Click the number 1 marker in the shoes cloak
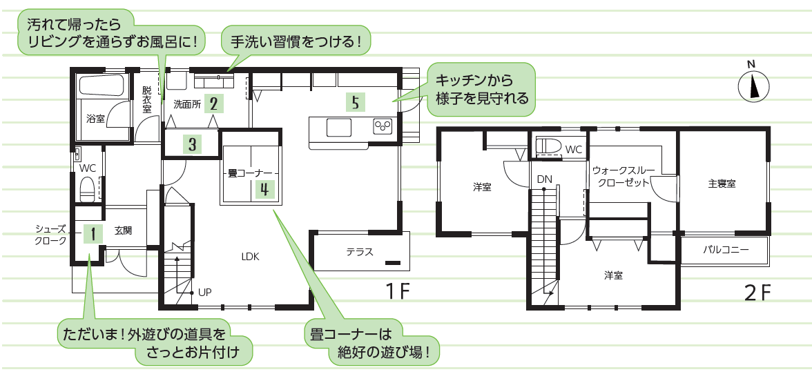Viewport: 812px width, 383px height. click(x=92, y=234)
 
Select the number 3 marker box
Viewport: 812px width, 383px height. click(x=193, y=145)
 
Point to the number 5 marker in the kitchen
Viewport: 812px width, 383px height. click(x=355, y=103)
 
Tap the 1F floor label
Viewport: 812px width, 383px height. click(x=398, y=292)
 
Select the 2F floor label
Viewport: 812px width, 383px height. click(x=757, y=293)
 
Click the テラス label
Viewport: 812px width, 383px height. click(x=360, y=252)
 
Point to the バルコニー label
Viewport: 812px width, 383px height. click(x=726, y=249)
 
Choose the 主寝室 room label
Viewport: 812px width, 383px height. click(x=722, y=184)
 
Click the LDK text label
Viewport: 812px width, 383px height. click(x=249, y=256)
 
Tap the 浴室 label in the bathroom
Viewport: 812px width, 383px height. click(x=95, y=119)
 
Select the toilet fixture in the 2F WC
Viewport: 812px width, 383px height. click(x=549, y=147)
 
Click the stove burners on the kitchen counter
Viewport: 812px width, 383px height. click(x=383, y=127)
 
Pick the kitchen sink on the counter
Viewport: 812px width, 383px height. click(x=339, y=128)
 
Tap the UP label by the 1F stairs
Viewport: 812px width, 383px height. click(x=204, y=292)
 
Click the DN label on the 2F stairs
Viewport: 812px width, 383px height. click(x=544, y=179)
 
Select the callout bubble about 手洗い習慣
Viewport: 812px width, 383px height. click(x=296, y=41)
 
